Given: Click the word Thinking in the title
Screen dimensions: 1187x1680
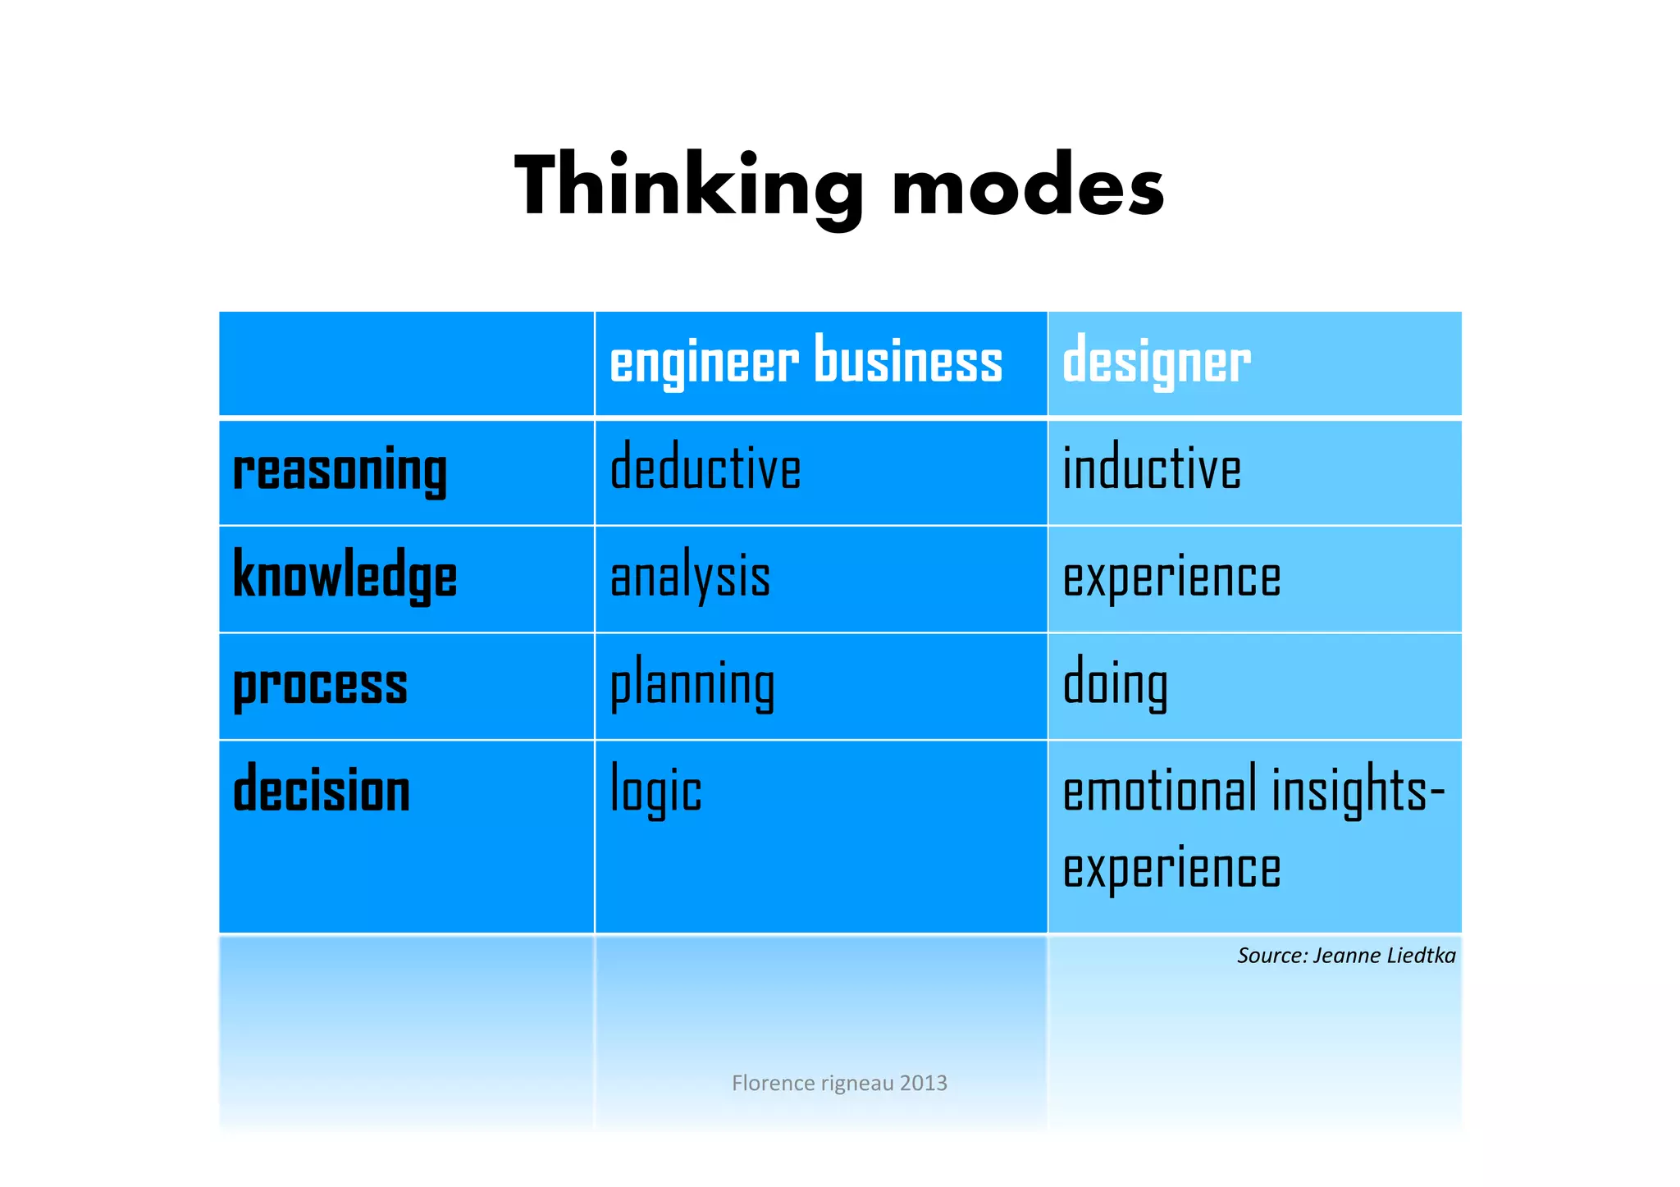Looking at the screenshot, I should tap(688, 187).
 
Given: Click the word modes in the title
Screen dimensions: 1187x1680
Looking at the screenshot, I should tap(1028, 187).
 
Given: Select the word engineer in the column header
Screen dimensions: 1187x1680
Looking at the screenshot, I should tap(704, 362).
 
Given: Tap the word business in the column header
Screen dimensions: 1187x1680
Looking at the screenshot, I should tap(908, 362).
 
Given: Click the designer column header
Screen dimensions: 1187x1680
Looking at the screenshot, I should tap(1156, 362).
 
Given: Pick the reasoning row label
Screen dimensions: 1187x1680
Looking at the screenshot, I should tap(340, 471).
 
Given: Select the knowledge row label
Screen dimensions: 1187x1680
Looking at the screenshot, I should tap(345, 577).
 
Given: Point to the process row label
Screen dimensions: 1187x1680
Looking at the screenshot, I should tap(320, 685).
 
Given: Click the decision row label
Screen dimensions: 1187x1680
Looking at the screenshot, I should tap(322, 790).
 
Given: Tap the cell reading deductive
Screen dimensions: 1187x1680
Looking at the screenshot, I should tap(705, 468).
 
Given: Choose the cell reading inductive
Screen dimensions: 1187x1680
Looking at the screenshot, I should tap(1152, 468).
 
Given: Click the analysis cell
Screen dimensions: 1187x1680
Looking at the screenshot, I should tap(691, 577).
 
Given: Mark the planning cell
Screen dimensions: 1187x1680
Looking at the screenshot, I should tap(692, 685).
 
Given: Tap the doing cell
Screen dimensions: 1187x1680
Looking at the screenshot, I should tap(1115, 684).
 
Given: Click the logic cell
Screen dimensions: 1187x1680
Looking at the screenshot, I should tap(656, 792).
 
